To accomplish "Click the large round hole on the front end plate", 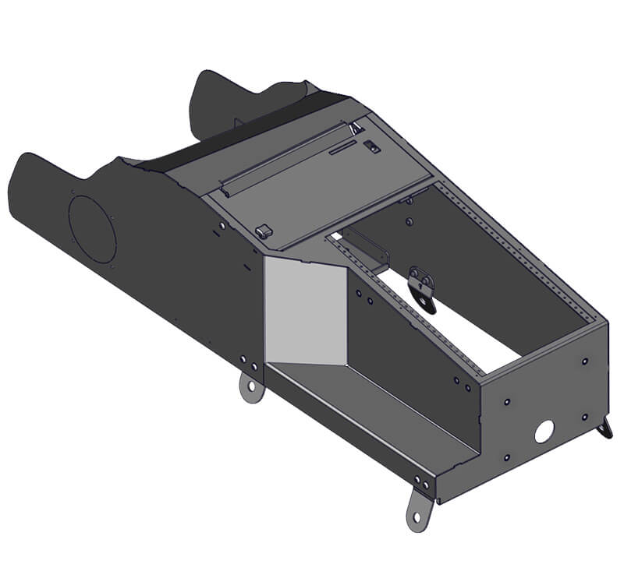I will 544,429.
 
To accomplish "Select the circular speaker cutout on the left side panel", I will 92,229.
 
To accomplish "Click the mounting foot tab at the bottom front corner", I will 419,509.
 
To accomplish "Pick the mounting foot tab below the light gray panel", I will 251,387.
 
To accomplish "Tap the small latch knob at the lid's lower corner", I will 263,231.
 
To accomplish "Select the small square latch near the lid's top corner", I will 374,146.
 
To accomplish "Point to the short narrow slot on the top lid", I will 342,148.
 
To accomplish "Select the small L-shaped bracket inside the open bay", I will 367,249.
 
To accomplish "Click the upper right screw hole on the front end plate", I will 585,361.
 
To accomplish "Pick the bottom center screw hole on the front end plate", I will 507,458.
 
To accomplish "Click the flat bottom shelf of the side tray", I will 367,413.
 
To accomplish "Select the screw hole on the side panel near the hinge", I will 222,225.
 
